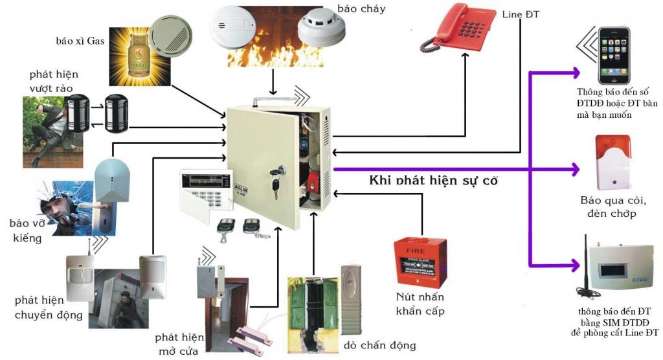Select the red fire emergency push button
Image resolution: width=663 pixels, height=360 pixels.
420,262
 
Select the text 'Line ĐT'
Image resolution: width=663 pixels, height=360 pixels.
521,14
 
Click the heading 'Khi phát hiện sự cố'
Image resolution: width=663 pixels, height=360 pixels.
433,180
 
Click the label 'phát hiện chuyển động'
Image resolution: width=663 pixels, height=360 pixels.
49,308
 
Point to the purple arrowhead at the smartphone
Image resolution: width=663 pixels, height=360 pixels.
575,71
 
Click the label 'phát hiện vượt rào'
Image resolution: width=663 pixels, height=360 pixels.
49,81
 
